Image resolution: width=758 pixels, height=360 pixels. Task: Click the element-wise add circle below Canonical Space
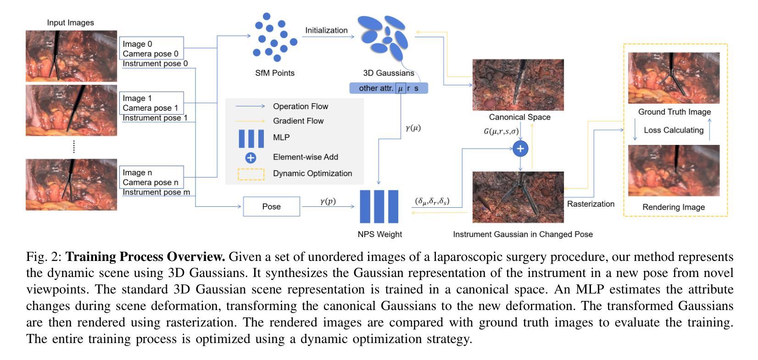520,149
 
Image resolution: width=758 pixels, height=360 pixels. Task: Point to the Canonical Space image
518,85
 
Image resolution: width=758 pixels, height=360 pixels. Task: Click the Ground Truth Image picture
674,78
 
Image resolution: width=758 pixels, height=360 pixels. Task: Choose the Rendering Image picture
674,171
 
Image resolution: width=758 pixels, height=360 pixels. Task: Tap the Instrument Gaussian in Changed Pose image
518,197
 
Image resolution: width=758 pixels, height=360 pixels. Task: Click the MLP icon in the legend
251,138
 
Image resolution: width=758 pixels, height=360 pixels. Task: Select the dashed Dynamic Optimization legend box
251,169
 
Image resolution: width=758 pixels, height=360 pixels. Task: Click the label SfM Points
275,73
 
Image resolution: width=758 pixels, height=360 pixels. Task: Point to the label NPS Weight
379,234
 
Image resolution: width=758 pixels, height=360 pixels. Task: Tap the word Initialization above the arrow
326,30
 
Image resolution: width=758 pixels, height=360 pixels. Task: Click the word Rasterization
591,204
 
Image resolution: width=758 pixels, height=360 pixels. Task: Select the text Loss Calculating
674,130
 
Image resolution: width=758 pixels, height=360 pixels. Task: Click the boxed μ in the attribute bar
401,89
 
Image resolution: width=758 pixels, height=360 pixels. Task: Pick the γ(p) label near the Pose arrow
328,201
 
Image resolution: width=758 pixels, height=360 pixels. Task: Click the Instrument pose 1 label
155,118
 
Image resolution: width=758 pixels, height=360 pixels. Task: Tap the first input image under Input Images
72,56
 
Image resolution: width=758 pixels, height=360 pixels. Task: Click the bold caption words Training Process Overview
145,257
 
